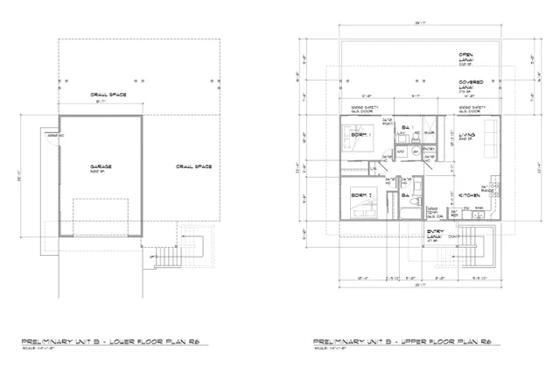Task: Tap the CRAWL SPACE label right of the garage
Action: click(x=190, y=166)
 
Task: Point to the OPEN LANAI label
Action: click(x=471, y=56)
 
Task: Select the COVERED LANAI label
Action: click(x=472, y=85)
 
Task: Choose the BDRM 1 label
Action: click(x=360, y=135)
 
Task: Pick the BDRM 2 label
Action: click(x=360, y=194)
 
